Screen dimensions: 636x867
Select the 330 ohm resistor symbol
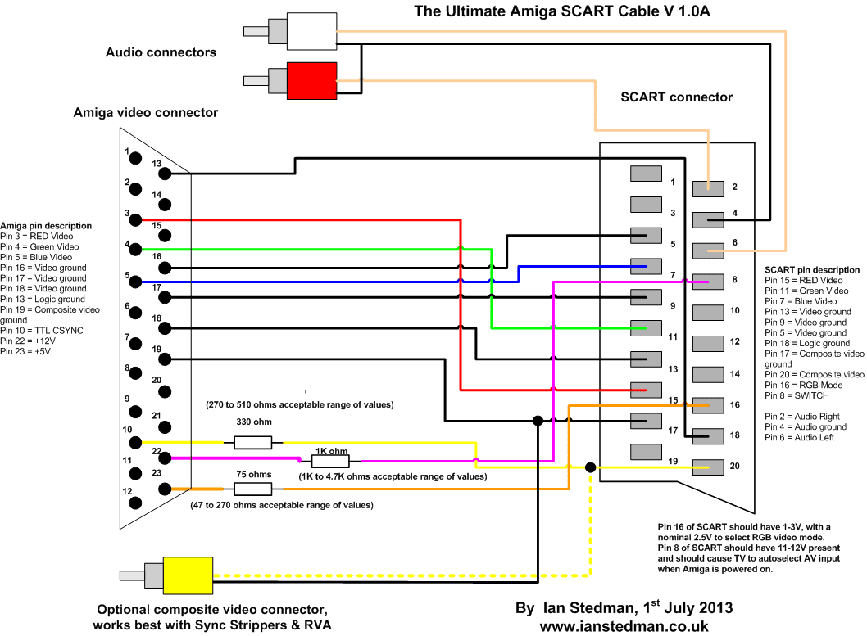click(x=252, y=443)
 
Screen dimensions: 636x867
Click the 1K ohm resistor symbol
click(x=330, y=462)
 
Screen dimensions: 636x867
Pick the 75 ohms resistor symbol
click(x=252, y=489)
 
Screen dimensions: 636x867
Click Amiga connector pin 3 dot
click(x=134, y=220)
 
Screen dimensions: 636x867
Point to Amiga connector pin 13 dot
click(x=165, y=174)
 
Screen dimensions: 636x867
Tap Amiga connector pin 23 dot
click(x=165, y=489)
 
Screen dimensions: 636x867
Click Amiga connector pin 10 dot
click(x=134, y=442)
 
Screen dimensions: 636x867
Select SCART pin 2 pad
click(x=708, y=188)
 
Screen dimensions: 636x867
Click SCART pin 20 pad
click(x=708, y=467)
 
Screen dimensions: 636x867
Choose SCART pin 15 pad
click(x=646, y=390)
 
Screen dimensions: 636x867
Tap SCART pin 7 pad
click(x=646, y=266)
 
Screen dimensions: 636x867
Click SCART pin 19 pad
click(x=646, y=451)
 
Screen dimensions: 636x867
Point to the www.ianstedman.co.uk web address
click(x=624, y=625)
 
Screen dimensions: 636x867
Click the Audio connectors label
click(x=161, y=52)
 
